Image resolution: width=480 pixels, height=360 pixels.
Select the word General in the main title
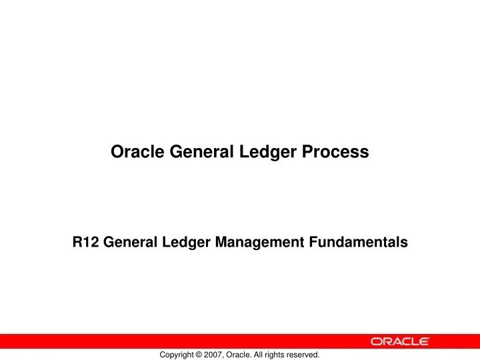click(194, 153)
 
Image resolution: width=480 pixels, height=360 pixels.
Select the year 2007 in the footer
click(217, 355)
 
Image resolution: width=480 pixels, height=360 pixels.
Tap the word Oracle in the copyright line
click(241, 355)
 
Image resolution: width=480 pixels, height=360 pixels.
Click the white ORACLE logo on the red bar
click(399, 341)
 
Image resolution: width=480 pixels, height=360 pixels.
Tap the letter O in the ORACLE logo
click(377, 341)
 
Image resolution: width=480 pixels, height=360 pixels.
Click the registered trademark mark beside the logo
click(430, 337)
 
